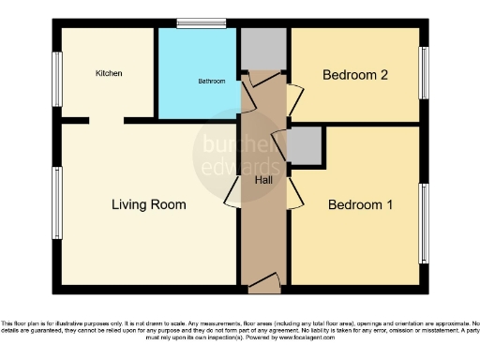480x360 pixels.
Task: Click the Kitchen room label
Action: tap(109, 73)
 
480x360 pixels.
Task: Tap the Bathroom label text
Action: tap(211, 82)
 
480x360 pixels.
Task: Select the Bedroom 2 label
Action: tap(354, 74)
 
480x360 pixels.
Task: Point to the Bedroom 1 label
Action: tap(359, 204)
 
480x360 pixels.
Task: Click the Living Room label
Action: tap(148, 204)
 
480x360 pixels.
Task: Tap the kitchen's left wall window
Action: tap(57, 78)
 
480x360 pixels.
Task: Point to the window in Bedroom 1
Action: tap(425, 223)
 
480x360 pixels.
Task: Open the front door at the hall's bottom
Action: tap(263, 278)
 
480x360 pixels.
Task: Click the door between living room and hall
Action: tap(232, 194)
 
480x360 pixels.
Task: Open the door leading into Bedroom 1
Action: tap(295, 193)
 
